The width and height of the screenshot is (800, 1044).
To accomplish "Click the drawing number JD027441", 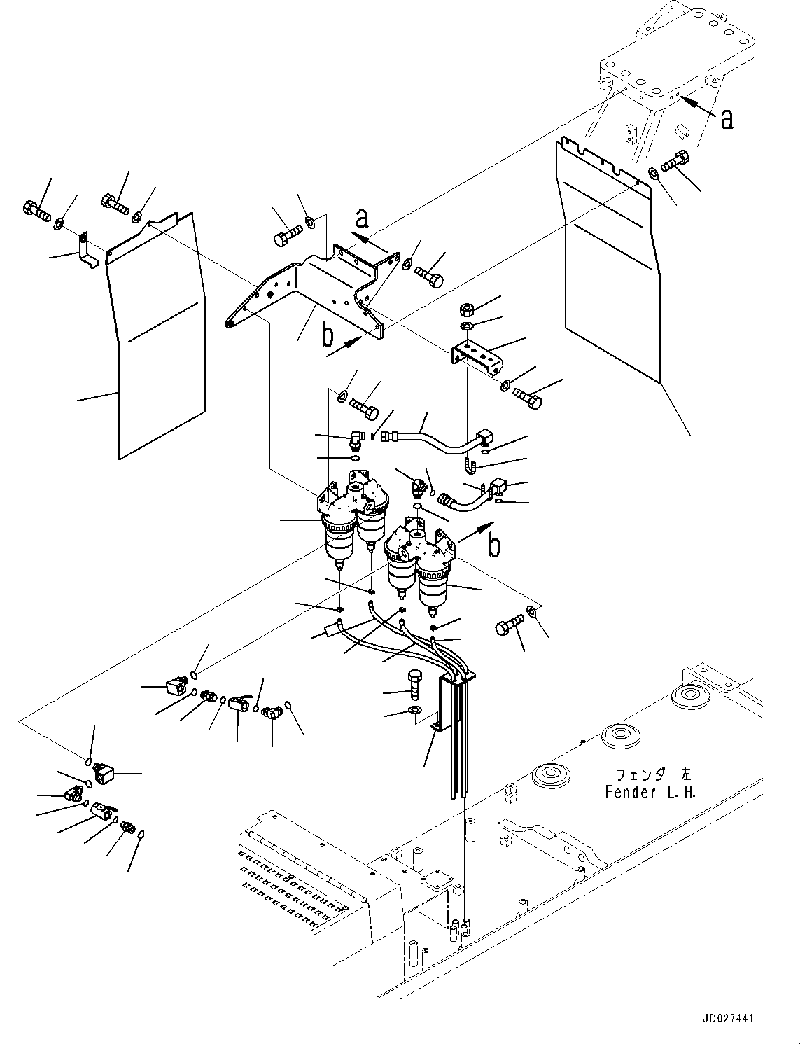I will tap(725, 1019).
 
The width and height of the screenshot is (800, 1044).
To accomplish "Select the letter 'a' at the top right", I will tap(727, 119).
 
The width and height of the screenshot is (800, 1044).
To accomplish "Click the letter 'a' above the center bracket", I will tap(361, 219).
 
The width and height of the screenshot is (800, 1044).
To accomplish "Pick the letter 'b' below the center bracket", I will tap(327, 336).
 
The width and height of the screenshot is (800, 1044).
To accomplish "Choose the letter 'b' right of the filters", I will tap(495, 545).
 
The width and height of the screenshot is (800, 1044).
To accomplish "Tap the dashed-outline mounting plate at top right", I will tap(679, 56).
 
